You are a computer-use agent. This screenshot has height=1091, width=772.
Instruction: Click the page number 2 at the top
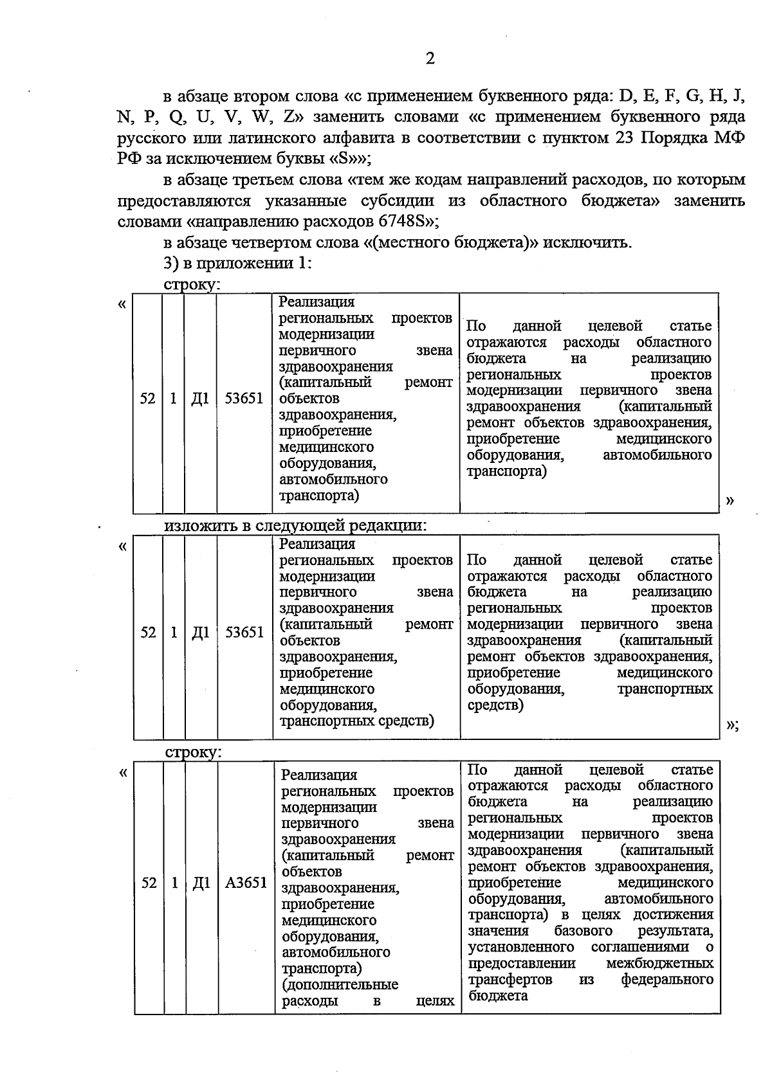[x=430, y=59]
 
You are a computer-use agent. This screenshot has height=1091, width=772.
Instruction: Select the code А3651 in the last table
[x=246, y=883]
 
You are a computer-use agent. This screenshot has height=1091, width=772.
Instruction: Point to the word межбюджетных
[x=659, y=963]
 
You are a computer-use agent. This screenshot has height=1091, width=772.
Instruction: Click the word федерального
[x=667, y=979]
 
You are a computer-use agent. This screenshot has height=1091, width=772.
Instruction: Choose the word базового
[x=584, y=931]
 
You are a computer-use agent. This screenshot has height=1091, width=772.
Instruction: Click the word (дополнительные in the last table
[x=340, y=984]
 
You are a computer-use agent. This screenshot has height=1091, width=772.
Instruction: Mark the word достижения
[x=673, y=915]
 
